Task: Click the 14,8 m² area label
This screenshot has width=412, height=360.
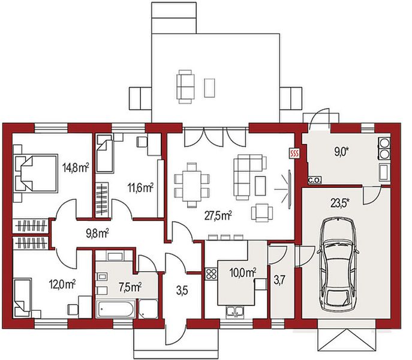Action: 76,167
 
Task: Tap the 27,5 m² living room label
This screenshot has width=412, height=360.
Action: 218,216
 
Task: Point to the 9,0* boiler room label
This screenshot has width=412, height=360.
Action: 341,152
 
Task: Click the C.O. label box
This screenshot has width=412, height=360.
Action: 314,181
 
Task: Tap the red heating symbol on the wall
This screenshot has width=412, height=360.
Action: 294,153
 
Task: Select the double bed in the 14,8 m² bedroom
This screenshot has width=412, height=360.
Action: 36,173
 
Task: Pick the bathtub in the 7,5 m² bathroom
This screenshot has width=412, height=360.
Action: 116,309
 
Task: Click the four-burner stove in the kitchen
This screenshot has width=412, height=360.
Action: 210,274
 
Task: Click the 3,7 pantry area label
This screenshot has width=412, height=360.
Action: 279,280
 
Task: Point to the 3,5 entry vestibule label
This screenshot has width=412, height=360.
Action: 182,291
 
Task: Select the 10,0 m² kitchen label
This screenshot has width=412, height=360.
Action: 243,272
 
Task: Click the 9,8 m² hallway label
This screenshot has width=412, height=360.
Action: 98,233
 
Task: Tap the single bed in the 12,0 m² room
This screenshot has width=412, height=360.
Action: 22,297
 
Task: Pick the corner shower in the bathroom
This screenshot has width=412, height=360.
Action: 148,309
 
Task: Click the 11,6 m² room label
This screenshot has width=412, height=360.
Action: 140,188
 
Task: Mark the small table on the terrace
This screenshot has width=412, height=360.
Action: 209,88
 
